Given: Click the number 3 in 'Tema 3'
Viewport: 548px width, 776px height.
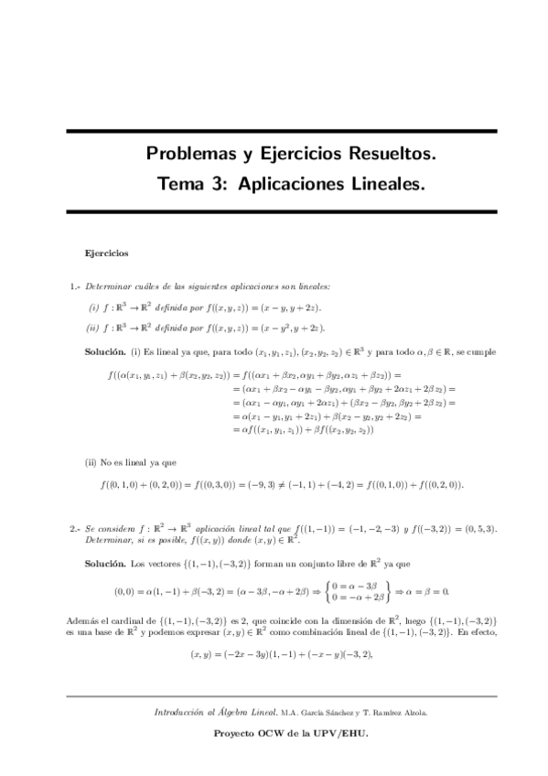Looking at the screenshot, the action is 219,185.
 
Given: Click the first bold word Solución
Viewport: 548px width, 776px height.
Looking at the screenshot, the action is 105,351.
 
